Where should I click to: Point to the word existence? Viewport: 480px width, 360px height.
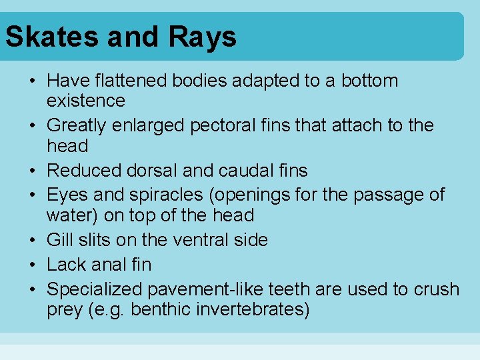[86, 101]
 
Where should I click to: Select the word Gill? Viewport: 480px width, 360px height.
[59, 240]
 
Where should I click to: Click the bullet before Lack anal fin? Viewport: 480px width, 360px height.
[33, 265]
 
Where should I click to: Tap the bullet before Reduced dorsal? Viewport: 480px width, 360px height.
[33, 170]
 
